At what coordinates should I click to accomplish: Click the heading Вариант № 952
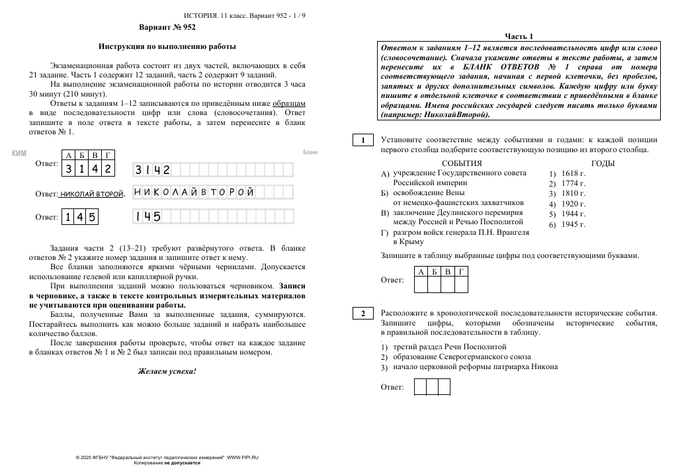click(167, 28)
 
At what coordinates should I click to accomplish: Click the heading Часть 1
click(519, 36)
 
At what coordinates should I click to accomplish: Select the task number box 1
click(362, 140)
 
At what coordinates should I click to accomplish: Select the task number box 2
click(362, 314)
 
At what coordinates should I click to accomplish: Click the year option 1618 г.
click(573, 173)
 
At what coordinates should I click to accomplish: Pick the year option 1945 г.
click(573, 224)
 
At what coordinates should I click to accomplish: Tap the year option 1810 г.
click(573, 194)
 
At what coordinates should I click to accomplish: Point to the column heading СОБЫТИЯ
click(462, 163)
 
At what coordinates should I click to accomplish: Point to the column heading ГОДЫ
click(603, 163)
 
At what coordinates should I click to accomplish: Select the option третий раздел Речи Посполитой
click(449, 347)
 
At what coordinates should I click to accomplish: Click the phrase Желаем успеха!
click(167, 371)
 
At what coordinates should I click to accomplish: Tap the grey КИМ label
click(19, 153)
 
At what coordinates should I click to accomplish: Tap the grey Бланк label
click(310, 152)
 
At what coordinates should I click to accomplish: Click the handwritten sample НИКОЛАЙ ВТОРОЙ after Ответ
click(91, 194)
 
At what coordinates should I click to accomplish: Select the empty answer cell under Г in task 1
click(461, 284)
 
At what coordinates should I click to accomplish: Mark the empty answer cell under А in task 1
click(421, 284)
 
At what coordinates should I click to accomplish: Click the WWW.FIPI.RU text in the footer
click(243, 458)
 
